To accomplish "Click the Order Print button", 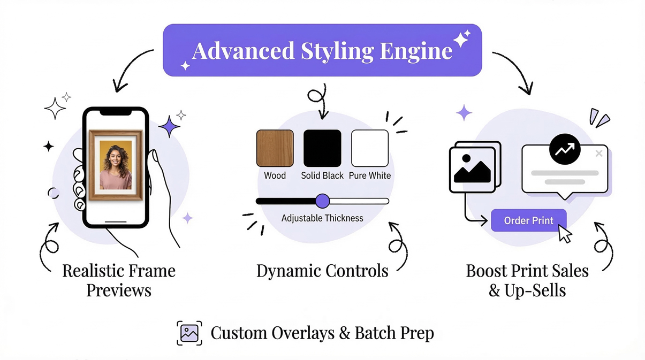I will [528, 220].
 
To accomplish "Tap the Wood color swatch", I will [275, 148].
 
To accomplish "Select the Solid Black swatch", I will [322, 148].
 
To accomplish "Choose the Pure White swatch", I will [369, 148].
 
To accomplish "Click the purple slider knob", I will [322, 201].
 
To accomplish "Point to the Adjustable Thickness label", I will [322, 218].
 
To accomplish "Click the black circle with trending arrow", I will [565, 149].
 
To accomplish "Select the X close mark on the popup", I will [599, 154].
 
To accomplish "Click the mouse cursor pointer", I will [564, 234].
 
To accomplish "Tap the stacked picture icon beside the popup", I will [474, 167].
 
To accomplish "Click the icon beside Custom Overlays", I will [189, 333].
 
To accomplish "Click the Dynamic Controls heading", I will [322, 271].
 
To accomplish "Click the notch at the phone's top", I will [116, 112].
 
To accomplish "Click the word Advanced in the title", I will [243, 51].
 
